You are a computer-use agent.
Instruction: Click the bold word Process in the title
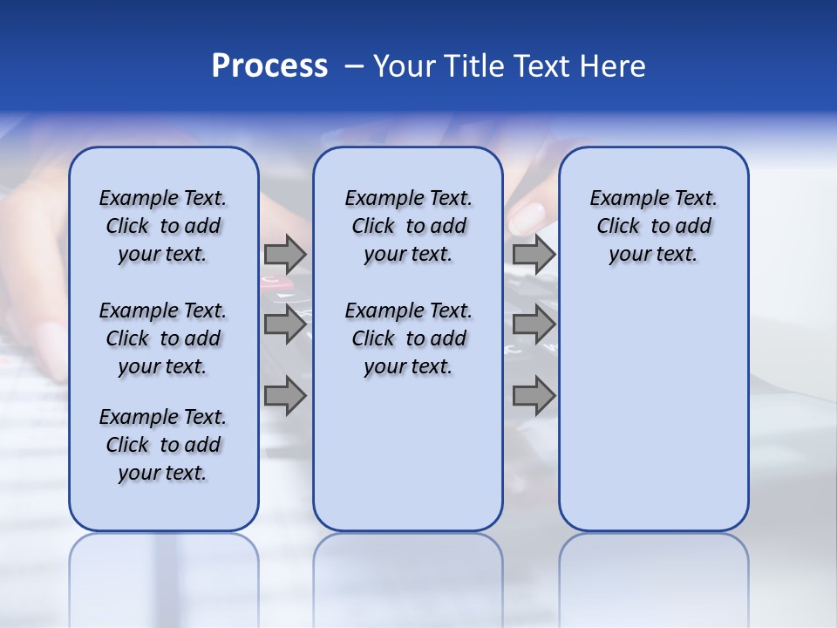click(269, 66)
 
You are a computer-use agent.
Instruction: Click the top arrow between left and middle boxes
click(285, 254)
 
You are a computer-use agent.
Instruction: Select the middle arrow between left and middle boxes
click(285, 324)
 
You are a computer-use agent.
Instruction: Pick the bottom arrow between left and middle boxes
click(285, 395)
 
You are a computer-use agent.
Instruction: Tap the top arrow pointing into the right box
click(534, 254)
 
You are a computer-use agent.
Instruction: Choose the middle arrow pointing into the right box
click(534, 324)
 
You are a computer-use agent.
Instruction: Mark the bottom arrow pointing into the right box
click(534, 395)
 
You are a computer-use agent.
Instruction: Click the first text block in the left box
click(163, 226)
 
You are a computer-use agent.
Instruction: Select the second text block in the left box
click(163, 338)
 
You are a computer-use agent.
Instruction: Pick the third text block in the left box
click(163, 445)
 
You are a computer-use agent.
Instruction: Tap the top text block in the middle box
click(408, 226)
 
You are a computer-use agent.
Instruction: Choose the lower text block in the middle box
click(408, 338)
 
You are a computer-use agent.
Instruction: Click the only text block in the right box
click(653, 226)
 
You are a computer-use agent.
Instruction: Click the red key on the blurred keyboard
click(272, 282)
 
